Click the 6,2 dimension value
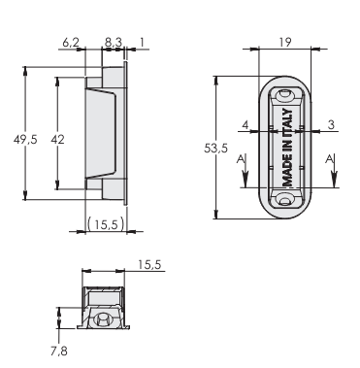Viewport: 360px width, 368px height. tap(71, 44)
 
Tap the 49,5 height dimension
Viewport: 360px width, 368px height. tap(26, 140)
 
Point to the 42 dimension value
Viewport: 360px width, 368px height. tap(57, 140)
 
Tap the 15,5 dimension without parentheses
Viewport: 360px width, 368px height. tap(148, 263)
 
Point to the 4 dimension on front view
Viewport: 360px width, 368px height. tap(245, 124)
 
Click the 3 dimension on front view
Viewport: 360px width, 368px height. tap(331, 124)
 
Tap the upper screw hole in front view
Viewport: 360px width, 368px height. tap(284, 96)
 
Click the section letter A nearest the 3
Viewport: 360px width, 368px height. tap(332, 157)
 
